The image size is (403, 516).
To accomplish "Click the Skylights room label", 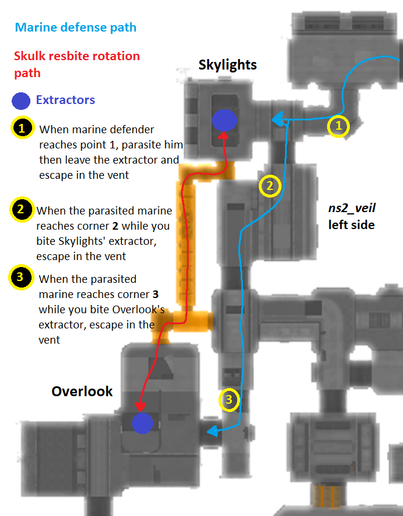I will click(x=227, y=64).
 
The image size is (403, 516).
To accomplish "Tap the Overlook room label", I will click(x=82, y=391).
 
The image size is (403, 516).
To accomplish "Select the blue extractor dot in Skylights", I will click(x=224, y=120).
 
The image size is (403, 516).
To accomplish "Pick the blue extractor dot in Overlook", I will click(x=142, y=423).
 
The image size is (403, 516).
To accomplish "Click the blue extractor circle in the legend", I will click(x=22, y=101).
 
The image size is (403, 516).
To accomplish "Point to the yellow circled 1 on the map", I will click(x=338, y=126).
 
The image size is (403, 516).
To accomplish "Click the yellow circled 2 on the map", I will click(x=270, y=186).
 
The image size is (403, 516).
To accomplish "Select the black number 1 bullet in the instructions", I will click(x=22, y=128).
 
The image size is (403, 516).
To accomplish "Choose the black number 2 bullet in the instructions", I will click(x=21, y=210).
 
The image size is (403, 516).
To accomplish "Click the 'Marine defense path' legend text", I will click(x=76, y=27).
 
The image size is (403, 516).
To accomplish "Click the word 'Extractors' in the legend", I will click(x=65, y=100).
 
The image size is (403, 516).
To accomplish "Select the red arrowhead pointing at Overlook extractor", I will click(x=140, y=407).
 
